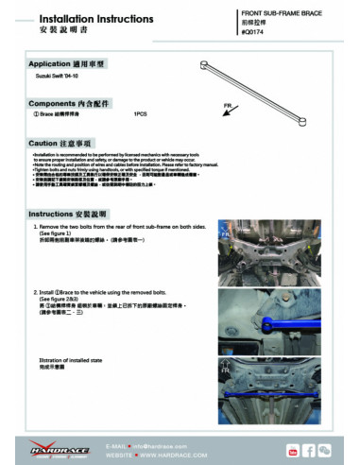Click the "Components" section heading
[x=66, y=100]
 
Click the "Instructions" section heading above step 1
[x=65, y=214]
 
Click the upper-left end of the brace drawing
[x=205, y=62]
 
